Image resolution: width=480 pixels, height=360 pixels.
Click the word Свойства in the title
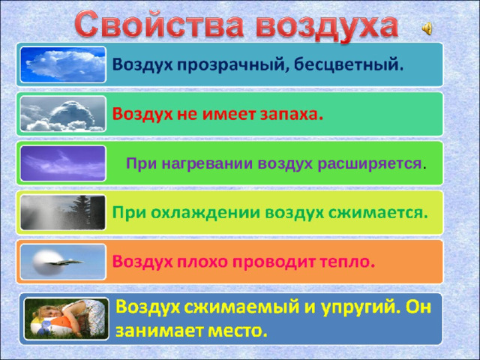[159, 25]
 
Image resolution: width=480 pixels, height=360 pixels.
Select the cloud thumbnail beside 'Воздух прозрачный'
[63, 64]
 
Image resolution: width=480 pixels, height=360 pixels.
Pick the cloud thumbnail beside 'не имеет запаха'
[63, 113]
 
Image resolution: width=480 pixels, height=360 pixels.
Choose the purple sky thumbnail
[63, 163]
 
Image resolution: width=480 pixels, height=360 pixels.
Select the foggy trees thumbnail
[63, 211]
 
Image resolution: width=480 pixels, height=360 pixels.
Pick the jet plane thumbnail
[63, 261]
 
